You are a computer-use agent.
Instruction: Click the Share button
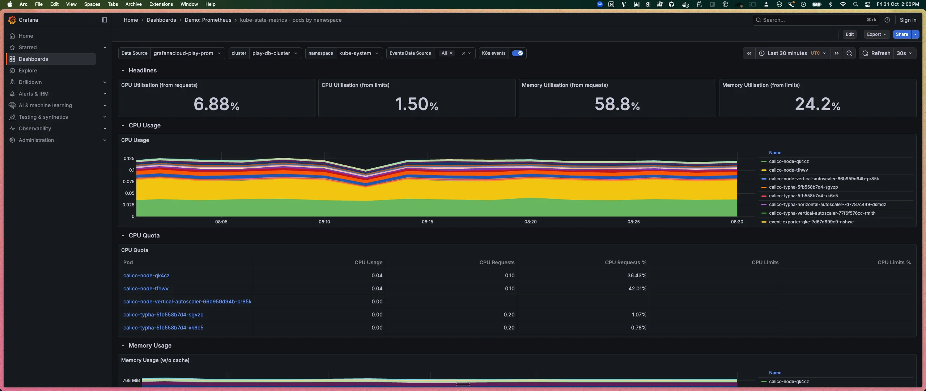coord(901,34)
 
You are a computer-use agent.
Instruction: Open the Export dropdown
coord(876,34)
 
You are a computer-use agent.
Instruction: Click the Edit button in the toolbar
coord(849,34)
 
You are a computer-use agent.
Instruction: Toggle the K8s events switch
coord(517,53)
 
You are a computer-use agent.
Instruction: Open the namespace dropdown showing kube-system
coord(358,53)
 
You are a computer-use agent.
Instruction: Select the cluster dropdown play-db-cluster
coord(275,53)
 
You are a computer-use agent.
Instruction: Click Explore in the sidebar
coord(28,71)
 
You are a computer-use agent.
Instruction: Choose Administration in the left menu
coord(36,140)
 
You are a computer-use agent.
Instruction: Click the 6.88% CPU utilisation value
coord(216,104)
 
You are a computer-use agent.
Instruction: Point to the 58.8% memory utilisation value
coord(617,104)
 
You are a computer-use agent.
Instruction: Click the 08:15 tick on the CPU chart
coord(427,222)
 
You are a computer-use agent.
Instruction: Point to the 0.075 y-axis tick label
coord(128,182)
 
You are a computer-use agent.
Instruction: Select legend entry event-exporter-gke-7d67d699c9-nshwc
coord(811,222)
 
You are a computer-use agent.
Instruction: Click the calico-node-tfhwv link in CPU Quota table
coord(146,289)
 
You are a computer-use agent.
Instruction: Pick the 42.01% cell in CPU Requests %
coord(637,289)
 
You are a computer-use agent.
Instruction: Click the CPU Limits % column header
coord(894,262)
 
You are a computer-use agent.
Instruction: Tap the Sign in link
coord(908,20)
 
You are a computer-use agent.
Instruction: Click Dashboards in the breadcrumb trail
coord(161,20)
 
